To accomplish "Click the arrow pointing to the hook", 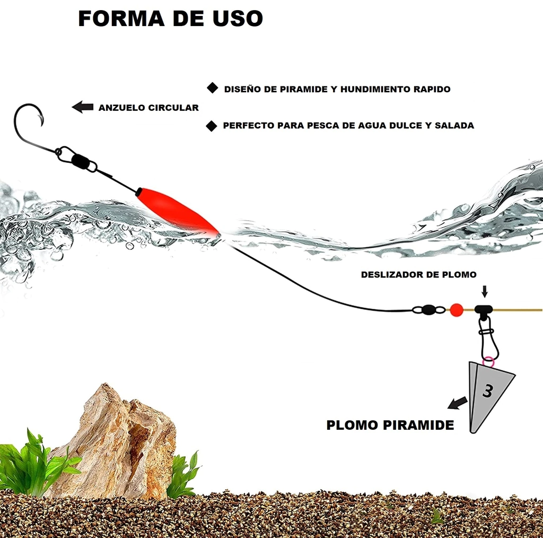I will point(82,107).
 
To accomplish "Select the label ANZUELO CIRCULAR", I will point(148,108).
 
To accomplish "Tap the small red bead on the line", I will point(456,310).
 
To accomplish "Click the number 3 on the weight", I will point(488,391).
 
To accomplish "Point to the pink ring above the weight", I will point(487,362).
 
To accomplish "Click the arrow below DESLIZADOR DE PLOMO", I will point(485,291).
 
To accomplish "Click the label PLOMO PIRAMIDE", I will point(390,425).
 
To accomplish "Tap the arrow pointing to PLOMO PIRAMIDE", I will point(458,403).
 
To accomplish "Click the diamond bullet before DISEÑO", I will point(212,89).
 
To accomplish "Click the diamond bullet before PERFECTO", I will point(212,126).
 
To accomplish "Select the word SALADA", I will point(454,126).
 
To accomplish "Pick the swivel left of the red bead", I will point(428,310).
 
